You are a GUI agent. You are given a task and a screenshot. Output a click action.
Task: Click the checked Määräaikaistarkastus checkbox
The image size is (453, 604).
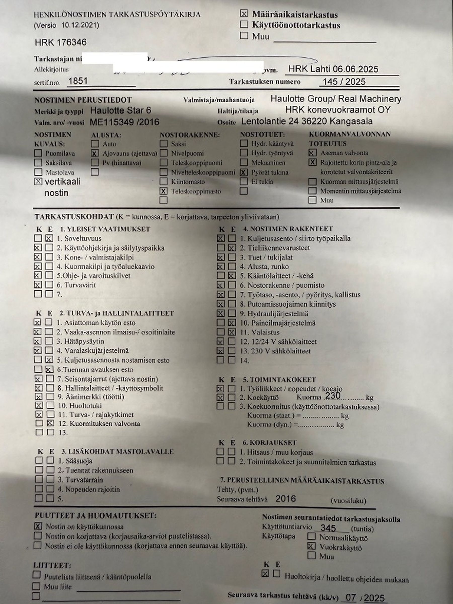[244, 13]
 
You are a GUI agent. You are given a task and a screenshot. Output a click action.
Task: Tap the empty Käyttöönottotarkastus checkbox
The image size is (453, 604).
[244, 24]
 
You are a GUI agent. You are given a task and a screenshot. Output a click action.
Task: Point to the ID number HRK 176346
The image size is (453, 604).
[61, 42]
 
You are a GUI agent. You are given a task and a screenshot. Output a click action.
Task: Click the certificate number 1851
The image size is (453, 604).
[78, 81]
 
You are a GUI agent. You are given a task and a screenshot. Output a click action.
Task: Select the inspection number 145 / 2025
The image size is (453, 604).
[344, 82]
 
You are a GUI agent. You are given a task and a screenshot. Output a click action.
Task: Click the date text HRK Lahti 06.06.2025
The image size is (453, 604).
[333, 69]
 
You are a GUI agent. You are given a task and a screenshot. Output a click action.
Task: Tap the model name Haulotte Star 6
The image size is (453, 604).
[120, 110]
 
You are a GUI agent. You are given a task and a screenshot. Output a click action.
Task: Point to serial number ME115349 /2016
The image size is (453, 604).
[124, 122]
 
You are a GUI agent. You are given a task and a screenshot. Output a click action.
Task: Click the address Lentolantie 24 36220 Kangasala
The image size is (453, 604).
[307, 121]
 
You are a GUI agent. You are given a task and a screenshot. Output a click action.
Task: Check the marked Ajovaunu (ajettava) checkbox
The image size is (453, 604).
[95, 153]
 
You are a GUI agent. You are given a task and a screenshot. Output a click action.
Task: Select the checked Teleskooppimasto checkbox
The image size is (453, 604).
[163, 191]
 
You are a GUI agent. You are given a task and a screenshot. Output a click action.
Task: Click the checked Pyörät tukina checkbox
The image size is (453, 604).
[244, 172]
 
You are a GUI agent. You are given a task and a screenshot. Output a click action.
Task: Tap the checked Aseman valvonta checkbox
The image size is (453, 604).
[312, 153]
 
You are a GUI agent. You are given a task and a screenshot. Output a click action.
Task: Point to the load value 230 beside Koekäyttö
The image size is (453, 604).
[333, 396]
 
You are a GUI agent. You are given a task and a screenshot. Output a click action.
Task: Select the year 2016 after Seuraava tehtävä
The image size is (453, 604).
[286, 499]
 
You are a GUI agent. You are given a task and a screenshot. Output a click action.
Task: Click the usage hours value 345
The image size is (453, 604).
[328, 528]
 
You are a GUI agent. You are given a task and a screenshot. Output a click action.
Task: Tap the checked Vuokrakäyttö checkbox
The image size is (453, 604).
[311, 546]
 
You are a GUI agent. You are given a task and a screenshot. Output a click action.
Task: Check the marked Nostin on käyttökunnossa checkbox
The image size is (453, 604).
[38, 526]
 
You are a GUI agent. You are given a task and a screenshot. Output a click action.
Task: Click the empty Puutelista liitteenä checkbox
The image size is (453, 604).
[36, 575]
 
